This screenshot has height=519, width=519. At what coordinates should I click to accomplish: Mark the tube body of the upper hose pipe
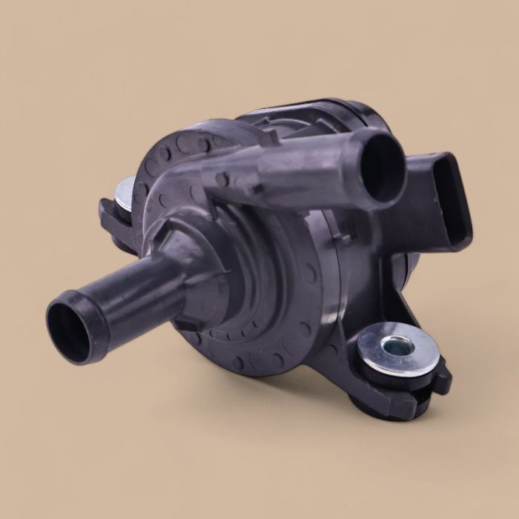[x=304, y=167]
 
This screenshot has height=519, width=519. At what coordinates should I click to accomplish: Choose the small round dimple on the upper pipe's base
[x=222, y=179]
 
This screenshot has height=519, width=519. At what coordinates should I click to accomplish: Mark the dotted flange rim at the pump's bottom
[x=245, y=356]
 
